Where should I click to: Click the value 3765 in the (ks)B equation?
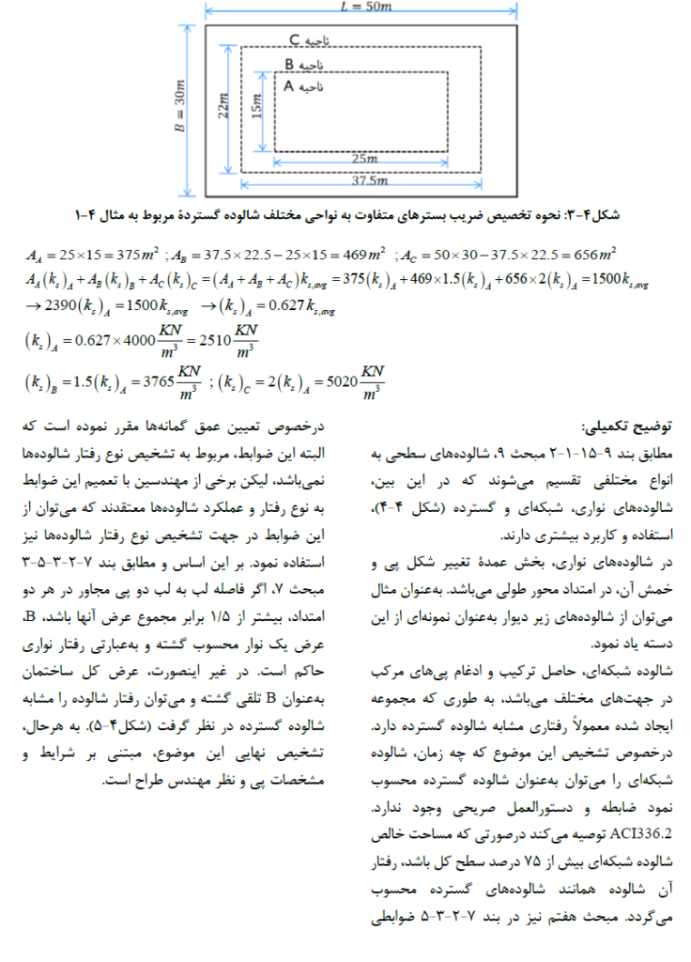tap(152, 385)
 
